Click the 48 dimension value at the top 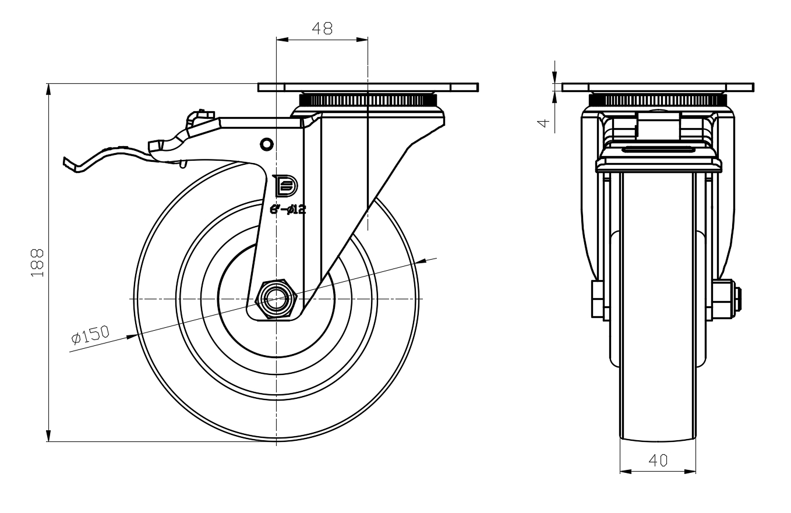coord(322,29)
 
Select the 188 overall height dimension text coord(37,263)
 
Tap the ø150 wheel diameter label coord(90,335)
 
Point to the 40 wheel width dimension coord(658,461)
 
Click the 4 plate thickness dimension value coord(543,123)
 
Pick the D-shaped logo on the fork coord(285,186)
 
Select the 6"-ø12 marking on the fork coord(288,210)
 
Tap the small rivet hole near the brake coord(266,143)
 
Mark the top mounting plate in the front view coord(658,87)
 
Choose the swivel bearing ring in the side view coord(368,100)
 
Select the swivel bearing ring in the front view coord(658,100)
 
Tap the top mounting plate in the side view coord(368,87)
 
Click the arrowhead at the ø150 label coord(133,335)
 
